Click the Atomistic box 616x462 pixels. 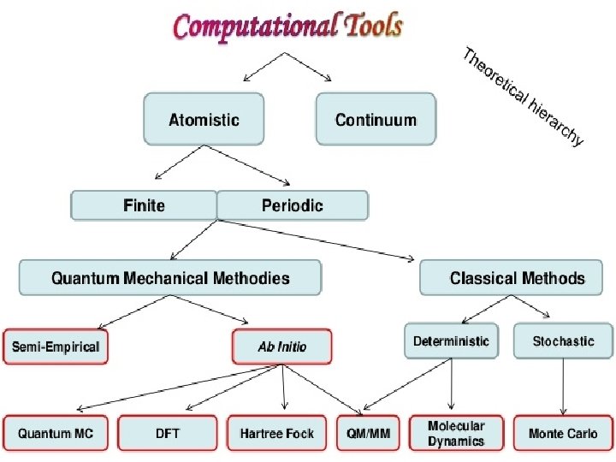click(x=204, y=120)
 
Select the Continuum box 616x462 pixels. click(x=376, y=120)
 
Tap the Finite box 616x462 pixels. click(x=144, y=205)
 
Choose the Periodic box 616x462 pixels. click(x=293, y=205)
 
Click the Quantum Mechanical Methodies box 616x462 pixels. click(x=170, y=278)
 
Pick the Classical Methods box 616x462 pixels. click(x=517, y=278)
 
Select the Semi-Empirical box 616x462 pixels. click(x=56, y=346)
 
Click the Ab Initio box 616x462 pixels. click(x=282, y=346)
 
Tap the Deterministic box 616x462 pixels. click(x=451, y=341)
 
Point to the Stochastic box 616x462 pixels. click(x=563, y=341)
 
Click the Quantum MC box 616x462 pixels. click(x=56, y=434)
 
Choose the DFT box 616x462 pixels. click(x=168, y=434)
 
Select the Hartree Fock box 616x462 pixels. click(x=277, y=434)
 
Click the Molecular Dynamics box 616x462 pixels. click(x=456, y=433)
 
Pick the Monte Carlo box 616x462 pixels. click(x=563, y=434)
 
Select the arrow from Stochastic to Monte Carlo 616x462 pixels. click(x=563, y=385)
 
